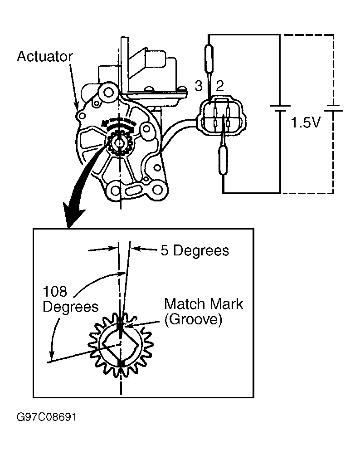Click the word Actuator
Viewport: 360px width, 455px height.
tap(45, 56)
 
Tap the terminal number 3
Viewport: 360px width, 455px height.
tap(199, 86)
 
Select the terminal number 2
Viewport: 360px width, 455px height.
tap(220, 86)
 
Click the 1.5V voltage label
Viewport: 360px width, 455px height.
tap(306, 123)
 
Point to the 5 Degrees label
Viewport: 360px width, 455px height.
tap(195, 250)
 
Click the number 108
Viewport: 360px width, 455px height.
tap(55, 291)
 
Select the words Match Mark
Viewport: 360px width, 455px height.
tap(204, 304)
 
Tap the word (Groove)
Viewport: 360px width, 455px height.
tap(194, 319)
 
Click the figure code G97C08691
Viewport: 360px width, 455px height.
tap(46, 417)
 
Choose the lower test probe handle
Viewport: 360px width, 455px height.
tap(223, 161)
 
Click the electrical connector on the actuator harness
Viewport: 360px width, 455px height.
tap(222, 117)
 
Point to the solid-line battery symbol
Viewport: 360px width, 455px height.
tap(280, 108)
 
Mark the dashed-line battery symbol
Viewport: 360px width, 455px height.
tap(334, 108)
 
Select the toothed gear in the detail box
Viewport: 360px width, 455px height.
tap(121, 345)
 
